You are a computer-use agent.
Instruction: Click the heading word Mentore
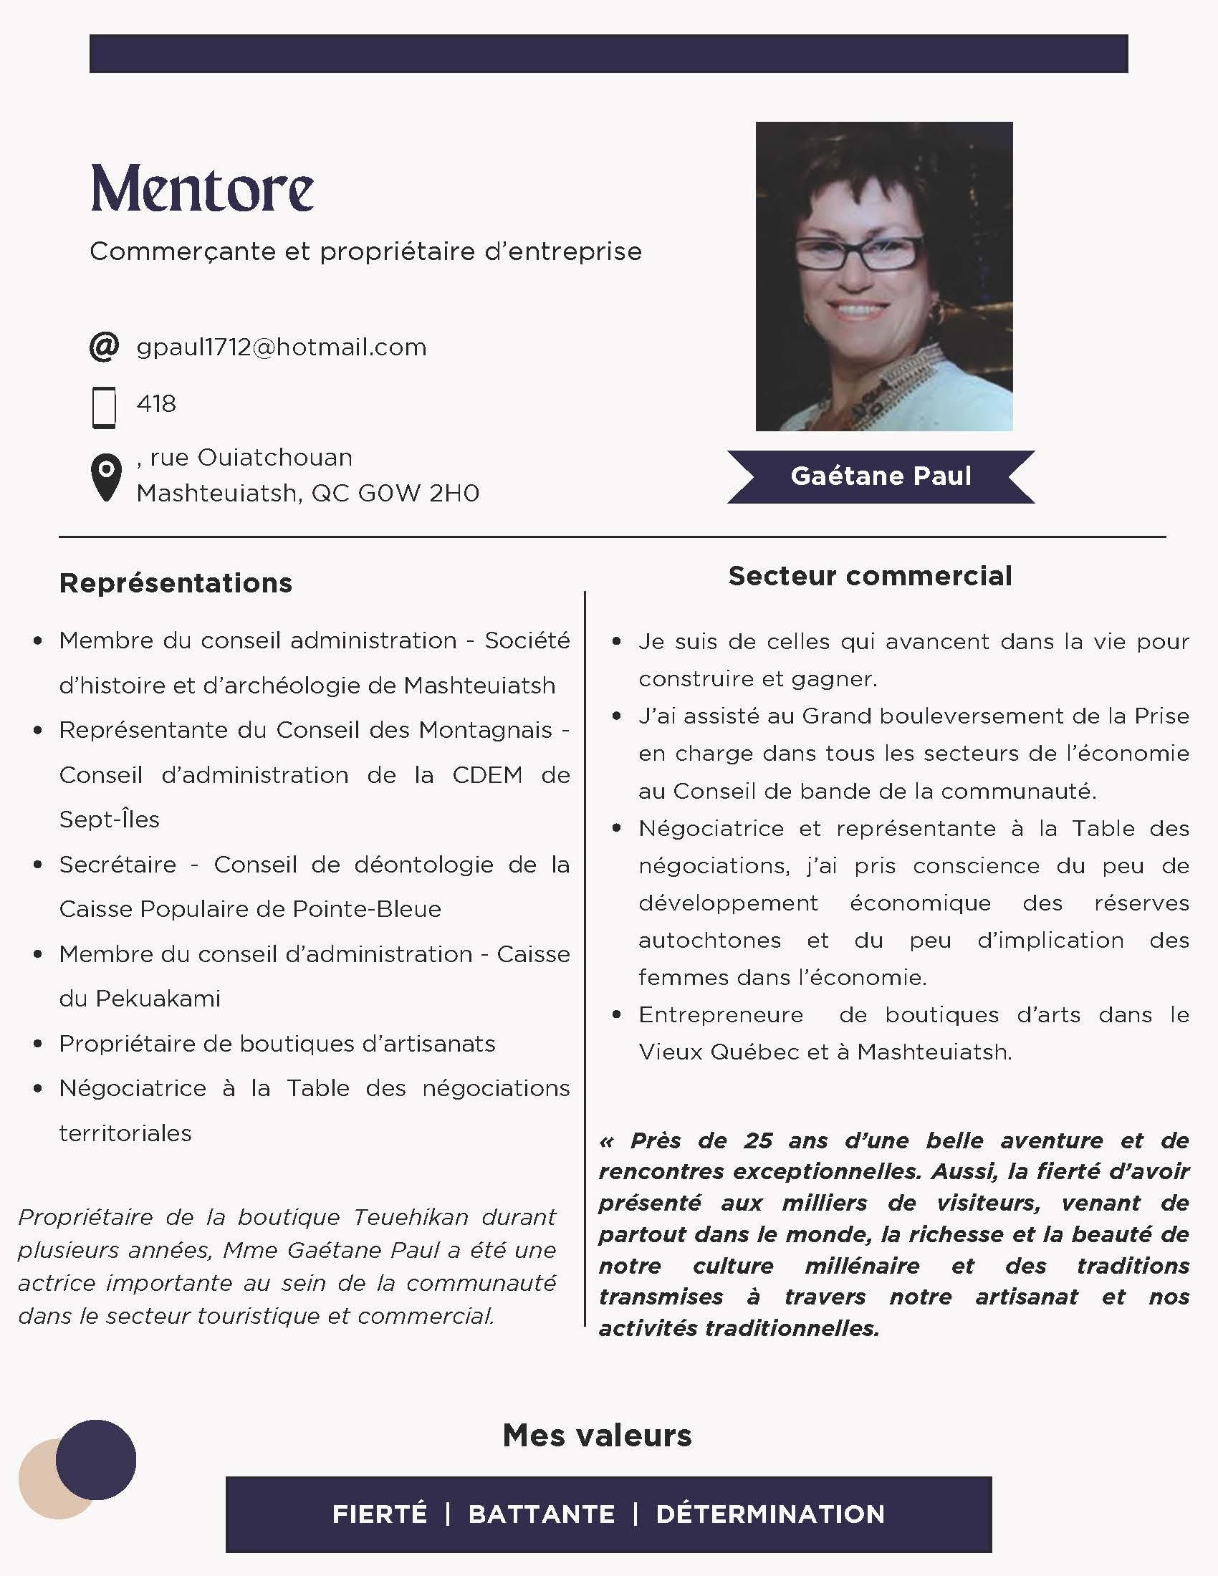(x=202, y=189)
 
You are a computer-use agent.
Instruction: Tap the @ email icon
(x=105, y=347)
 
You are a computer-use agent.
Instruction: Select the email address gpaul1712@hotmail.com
(x=282, y=347)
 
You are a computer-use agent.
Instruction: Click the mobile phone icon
(x=105, y=408)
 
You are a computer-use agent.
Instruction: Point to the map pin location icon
(x=106, y=477)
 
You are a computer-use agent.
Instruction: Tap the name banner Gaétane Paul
(x=881, y=476)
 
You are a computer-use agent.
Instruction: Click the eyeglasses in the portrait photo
(x=858, y=254)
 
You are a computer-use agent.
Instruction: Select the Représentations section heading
(x=176, y=583)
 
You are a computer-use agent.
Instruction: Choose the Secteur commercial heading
(x=870, y=576)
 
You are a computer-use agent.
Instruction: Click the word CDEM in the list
(x=487, y=775)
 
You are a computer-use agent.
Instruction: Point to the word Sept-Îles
(x=109, y=820)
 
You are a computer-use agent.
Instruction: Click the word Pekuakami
(x=158, y=999)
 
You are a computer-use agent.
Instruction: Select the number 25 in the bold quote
(x=758, y=1141)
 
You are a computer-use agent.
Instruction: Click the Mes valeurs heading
(x=597, y=1436)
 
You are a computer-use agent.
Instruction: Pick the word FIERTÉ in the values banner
(x=380, y=1514)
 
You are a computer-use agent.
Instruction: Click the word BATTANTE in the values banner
(x=541, y=1514)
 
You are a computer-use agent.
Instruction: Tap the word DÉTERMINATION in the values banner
(x=770, y=1514)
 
